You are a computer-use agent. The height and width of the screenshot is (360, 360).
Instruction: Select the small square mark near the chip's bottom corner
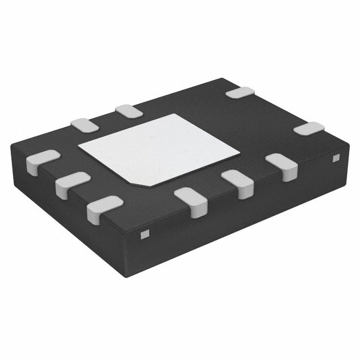point(145,233)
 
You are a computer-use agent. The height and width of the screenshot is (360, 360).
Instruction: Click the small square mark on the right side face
point(336,159)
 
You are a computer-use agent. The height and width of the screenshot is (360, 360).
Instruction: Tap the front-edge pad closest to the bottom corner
point(191,201)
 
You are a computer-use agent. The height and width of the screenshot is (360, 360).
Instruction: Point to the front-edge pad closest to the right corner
point(280,164)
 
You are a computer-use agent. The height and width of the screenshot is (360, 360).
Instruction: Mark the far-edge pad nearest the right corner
point(309,129)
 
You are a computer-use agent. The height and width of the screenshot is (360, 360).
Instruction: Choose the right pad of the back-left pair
point(128,111)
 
